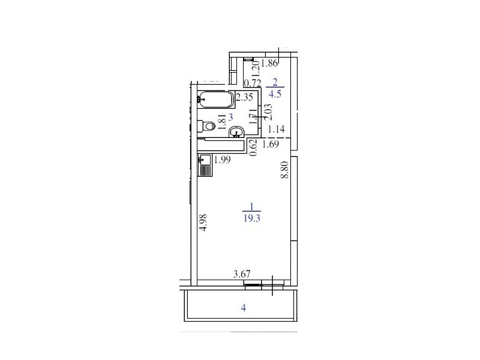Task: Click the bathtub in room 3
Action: click(x=215, y=99)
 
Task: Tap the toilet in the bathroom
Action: click(x=206, y=126)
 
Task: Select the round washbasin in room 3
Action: click(x=236, y=131)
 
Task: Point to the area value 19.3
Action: click(x=251, y=218)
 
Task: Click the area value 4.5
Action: click(x=275, y=94)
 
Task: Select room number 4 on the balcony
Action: click(x=244, y=308)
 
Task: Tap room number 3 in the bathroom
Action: click(x=231, y=117)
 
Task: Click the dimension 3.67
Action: click(x=242, y=274)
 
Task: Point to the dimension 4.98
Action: click(x=203, y=222)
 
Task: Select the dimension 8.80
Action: click(x=284, y=170)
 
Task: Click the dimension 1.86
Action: click(x=270, y=63)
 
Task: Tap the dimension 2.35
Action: click(x=245, y=97)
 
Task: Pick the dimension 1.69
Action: click(x=271, y=144)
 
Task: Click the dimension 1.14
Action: click(x=276, y=129)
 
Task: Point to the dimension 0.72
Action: click(x=253, y=83)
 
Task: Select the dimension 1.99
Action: click(x=222, y=160)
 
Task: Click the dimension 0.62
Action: click(x=253, y=148)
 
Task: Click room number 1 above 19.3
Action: click(x=251, y=207)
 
